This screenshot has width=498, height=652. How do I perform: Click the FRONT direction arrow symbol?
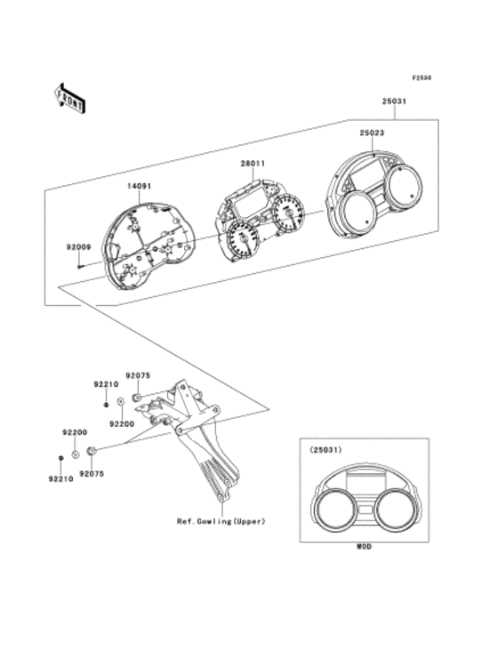(70, 98)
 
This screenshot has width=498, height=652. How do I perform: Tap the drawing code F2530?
(421, 77)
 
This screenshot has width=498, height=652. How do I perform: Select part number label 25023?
(372, 133)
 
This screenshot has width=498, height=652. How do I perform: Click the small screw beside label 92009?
(80, 263)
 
